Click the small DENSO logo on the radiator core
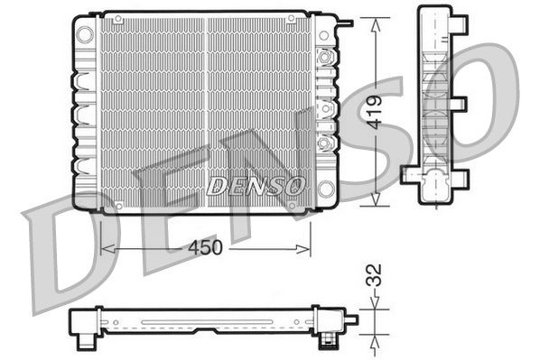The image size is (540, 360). tap(256, 186)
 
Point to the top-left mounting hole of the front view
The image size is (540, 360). tap(85, 33)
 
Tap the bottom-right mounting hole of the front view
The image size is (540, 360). tap(325, 189)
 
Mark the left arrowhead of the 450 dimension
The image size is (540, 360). tap(104, 247)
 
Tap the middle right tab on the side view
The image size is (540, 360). tap(461, 102)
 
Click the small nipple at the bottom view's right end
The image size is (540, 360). tap(351, 318)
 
